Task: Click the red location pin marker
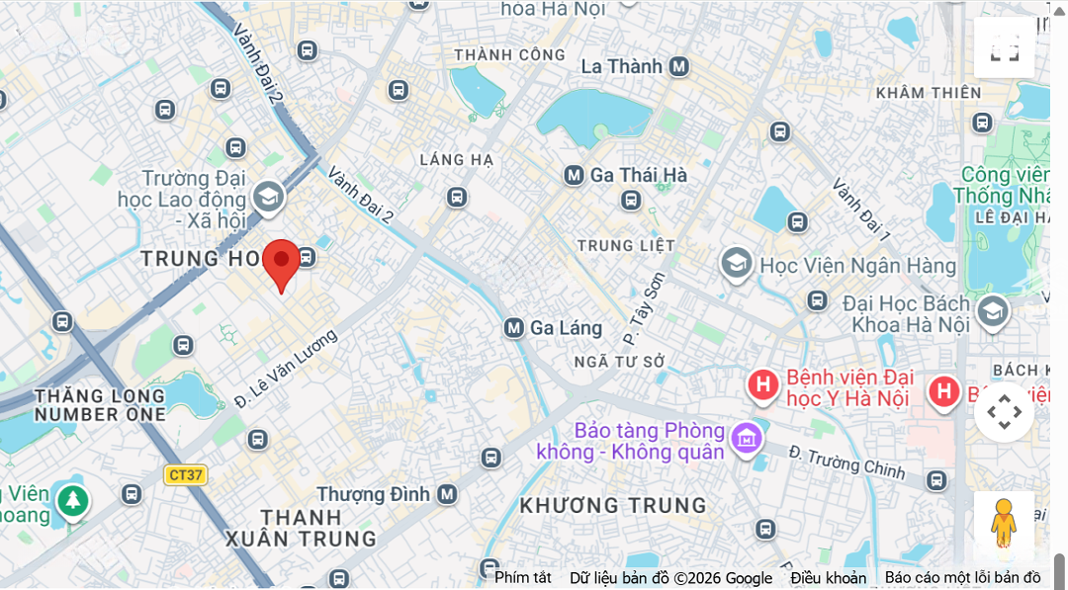coord(282,262)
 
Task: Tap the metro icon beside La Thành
coord(678,66)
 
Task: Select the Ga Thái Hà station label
coord(638,175)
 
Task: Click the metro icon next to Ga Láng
coord(513,327)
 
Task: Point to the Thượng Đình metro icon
coord(447,493)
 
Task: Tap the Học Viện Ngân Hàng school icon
coord(735,264)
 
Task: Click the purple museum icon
coord(747,436)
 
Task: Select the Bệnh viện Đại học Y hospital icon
coord(762,384)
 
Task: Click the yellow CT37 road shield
coord(185,474)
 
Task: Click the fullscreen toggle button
coord(1004,47)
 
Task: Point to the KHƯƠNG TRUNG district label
coord(613,505)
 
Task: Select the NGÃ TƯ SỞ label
coord(619,362)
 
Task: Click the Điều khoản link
coord(828,578)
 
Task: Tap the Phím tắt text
coord(523,578)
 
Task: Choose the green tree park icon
coord(71,500)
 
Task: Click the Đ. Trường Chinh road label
coord(845,463)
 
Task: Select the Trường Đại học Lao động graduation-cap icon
coord(268,197)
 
